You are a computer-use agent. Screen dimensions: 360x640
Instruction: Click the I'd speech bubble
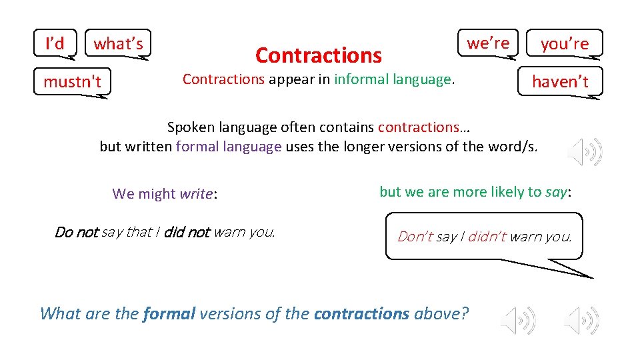coord(55,43)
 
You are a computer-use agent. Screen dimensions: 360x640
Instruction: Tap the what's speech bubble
coord(119,44)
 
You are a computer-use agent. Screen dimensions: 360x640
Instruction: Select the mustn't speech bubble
coord(72,82)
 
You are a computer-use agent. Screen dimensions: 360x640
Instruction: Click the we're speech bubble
coord(487,43)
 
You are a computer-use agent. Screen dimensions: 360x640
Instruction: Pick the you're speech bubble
coord(564,44)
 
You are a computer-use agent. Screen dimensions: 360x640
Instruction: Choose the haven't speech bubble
coord(559,81)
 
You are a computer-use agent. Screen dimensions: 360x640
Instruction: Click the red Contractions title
coord(318,55)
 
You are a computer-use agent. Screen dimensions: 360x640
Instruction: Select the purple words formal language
coord(229,147)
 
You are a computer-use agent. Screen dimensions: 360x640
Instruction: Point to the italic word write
coord(195,194)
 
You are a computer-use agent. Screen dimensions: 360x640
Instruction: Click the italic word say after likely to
coord(556,192)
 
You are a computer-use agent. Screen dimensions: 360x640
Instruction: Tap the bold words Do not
coord(76,232)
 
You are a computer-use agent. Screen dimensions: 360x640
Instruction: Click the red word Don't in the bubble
coord(415,236)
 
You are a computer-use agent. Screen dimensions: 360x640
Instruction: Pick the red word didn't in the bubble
coord(487,236)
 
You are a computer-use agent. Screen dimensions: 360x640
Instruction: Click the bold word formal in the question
coord(169,313)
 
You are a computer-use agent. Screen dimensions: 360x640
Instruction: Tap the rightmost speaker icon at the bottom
coord(581,320)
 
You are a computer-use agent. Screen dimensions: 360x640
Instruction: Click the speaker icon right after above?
coord(519,320)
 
